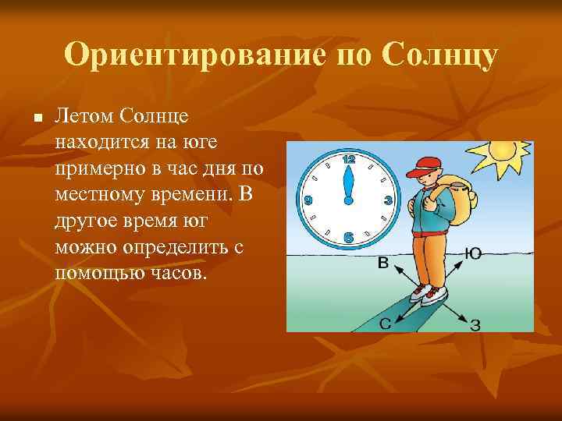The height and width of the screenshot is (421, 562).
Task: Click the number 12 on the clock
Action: pos(349,159)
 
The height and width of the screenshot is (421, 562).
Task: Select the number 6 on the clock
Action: pos(349,237)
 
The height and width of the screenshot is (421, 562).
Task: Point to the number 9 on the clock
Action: pos(308,200)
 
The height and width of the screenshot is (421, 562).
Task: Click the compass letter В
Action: pos(383,263)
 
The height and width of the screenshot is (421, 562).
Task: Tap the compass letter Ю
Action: pos(472,253)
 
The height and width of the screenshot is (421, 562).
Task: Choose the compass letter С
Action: pos(386,324)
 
